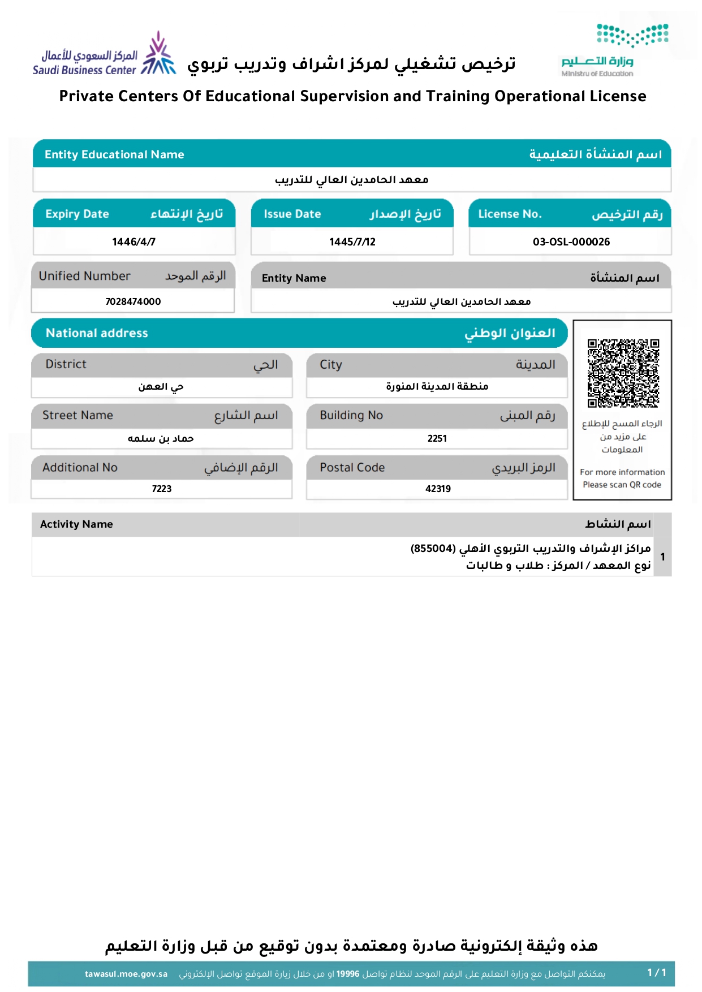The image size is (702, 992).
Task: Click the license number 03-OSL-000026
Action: point(571,242)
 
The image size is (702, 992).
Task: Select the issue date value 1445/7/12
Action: point(352,242)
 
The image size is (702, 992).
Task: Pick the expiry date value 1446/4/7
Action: point(133,242)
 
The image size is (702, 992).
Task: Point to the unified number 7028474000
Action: point(133,301)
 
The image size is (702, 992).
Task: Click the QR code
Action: point(623,373)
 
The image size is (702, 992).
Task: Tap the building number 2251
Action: point(437,438)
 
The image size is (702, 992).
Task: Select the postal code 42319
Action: point(438,489)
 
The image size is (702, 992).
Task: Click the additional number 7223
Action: point(161,489)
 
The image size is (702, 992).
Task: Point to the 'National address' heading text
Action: point(97,333)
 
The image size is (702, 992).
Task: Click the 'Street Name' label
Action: point(77,415)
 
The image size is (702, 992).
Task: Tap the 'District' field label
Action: point(66,364)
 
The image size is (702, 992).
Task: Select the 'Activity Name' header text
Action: point(76,524)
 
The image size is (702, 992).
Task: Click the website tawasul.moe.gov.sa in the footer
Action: point(126,974)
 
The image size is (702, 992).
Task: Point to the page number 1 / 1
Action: point(657,973)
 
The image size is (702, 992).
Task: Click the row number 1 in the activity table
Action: point(662,557)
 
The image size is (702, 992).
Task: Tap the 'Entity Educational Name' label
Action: point(114,154)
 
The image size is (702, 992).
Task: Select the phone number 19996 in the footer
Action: point(348,974)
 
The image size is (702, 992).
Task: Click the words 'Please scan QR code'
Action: point(622,485)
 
